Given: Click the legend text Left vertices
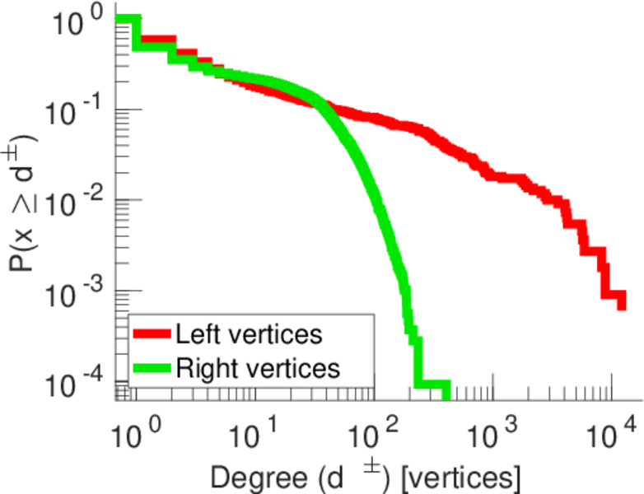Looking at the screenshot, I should (x=248, y=335).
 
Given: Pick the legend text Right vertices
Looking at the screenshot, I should (x=257, y=367).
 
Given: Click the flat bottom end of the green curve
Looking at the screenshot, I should (x=432, y=384).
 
